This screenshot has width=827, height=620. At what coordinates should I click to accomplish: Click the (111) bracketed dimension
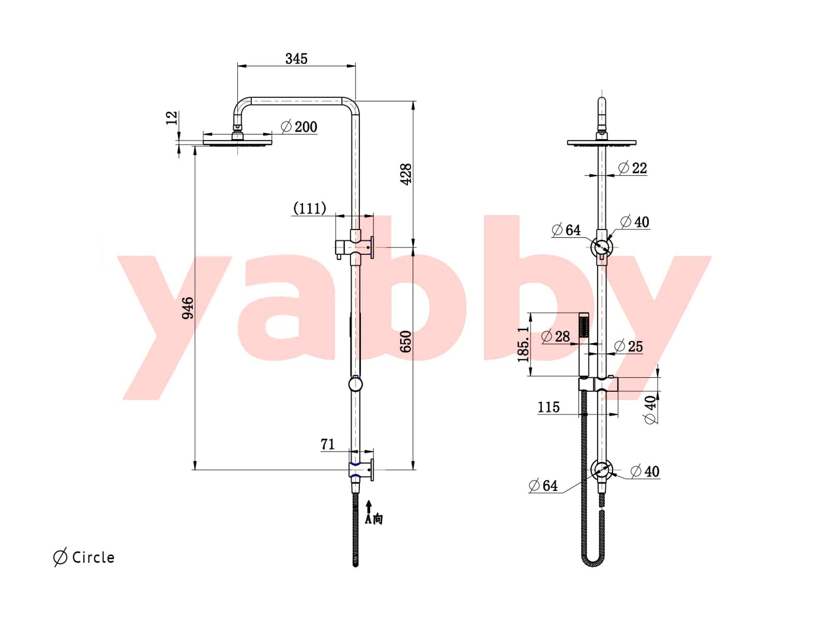click(309, 208)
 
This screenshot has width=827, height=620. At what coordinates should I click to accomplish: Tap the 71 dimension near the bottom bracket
click(328, 444)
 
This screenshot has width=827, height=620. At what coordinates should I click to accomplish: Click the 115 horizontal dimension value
click(549, 407)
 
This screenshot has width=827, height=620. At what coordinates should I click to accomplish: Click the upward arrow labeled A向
click(369, 507)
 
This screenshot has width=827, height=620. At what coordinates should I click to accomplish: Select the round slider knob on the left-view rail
click(355, 384)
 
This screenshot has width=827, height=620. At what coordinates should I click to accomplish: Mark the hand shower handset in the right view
click(584, 344)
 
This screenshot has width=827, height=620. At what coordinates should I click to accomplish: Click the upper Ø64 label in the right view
click(566, 230)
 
